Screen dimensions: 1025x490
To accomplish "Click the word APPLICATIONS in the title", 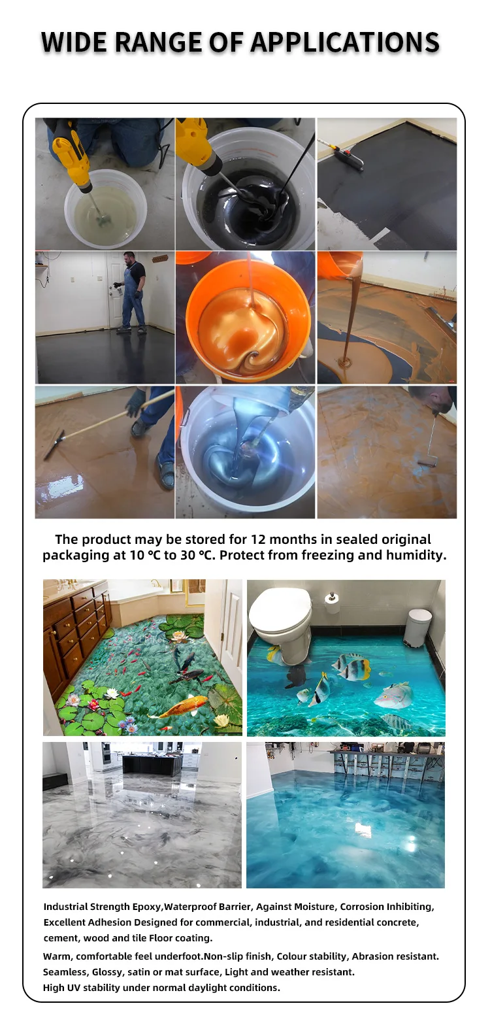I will [344, 42].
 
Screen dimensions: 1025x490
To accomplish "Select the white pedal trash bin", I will [417, 627].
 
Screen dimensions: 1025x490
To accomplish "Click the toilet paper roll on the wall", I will [333, 603].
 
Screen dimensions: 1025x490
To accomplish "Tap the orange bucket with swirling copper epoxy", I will [245, 320].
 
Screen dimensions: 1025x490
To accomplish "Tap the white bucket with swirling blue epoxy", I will [245, 451].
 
